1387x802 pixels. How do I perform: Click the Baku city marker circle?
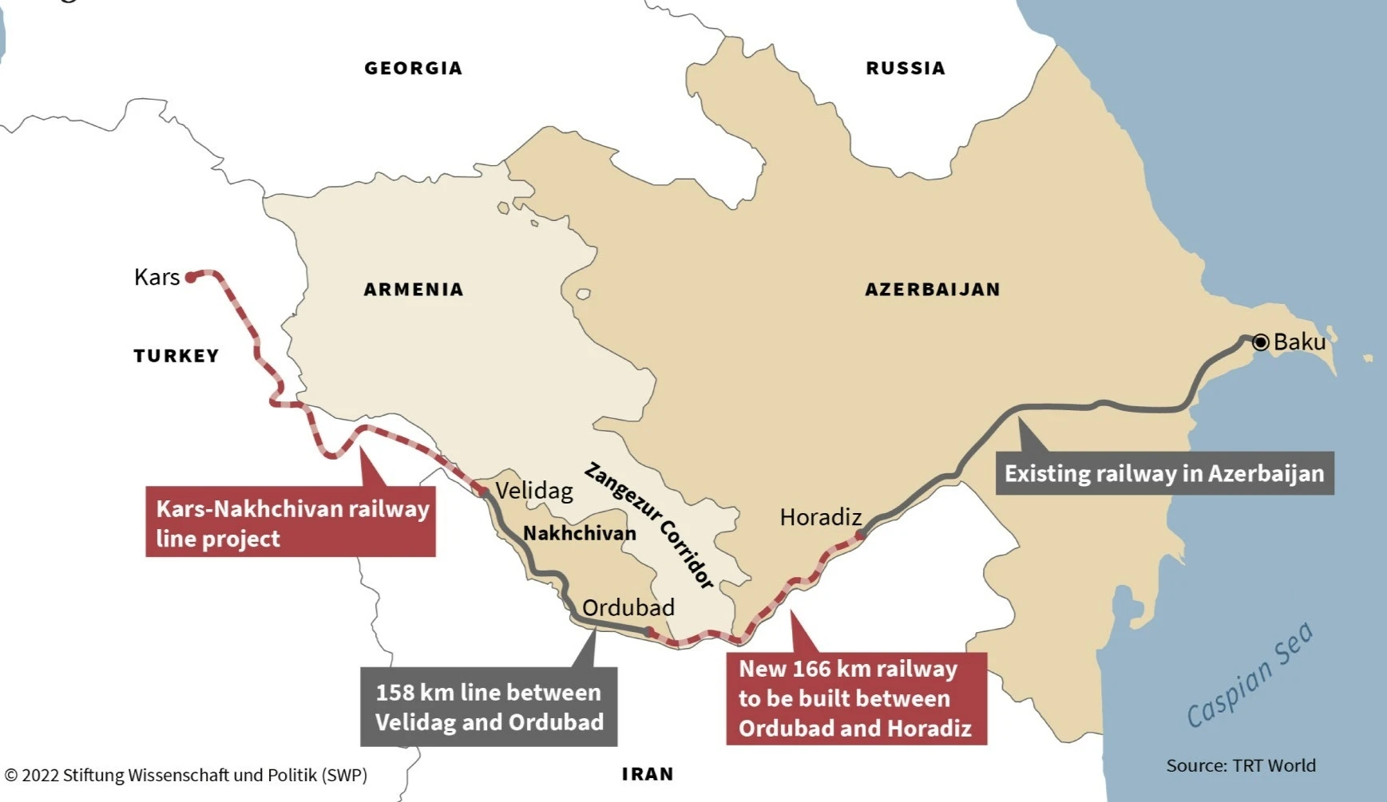pyautogui.click(x=1260, y=342)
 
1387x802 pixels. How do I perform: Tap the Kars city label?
pyautogui.click(x=157, y=277)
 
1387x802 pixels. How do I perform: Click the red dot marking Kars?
pyautogui.click(x=191, y=277)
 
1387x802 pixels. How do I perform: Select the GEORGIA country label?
pyautogui.click(x=413, y=69)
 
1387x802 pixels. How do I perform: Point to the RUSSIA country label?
pyautogui.click(x=906, y=69)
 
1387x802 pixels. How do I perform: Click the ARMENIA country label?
pyautogui.click(x=413, y=290)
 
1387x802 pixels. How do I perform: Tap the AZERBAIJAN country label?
pyautogui.click(x=932, y=290)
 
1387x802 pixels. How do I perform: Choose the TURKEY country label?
pyautogui.click(x=176, y=356)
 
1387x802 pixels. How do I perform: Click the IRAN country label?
pyautogui.click(x=648, y=774)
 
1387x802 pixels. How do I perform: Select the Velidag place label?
pyautogui.click(x=534, y=490)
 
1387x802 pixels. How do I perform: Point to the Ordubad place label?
pyautogui.click(x=628, y=607)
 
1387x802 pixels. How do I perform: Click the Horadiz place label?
pyautogui.click(x=820, y=517)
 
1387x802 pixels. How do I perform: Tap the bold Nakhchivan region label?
pyautogui.click(x=579, y=533)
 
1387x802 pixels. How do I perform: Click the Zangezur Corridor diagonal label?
pyautogui.click(x=648, y=525)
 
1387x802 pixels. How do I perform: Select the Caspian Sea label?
pyautogui.click(x=1250, y=675)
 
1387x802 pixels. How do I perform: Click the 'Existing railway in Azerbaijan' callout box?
pyautogui.click(x=1163, y=473)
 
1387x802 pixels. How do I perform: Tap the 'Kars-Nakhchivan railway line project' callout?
pyautogui.click(x=291, y=523)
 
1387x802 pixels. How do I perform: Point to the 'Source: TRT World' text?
pyautogui.click(x=1240, y=765)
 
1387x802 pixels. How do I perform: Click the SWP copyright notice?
pyautogui.click(x=185, y=775)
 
